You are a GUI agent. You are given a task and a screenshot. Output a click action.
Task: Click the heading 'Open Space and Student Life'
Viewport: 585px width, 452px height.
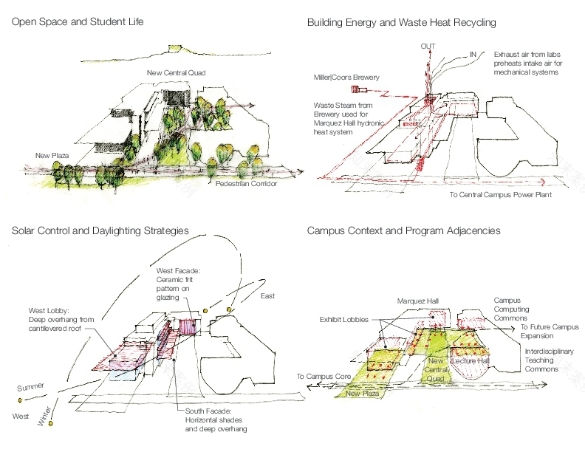78,22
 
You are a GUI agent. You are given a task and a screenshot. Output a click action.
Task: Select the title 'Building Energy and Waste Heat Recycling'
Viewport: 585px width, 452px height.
401,23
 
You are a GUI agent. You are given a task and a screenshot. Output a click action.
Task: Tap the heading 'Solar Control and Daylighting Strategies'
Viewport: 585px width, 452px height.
100,230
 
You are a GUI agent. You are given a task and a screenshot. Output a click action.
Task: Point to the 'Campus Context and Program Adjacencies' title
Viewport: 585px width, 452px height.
403,231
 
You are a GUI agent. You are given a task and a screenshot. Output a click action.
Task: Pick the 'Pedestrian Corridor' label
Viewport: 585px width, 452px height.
247,183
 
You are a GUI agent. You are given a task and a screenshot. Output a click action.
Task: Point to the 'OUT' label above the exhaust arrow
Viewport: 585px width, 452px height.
428,47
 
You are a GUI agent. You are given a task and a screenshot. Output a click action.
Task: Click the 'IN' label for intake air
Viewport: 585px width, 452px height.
473,54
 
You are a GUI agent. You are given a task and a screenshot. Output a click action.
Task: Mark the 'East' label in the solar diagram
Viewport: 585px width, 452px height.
267,296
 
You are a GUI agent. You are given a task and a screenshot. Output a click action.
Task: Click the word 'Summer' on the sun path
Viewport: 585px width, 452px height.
30,386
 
